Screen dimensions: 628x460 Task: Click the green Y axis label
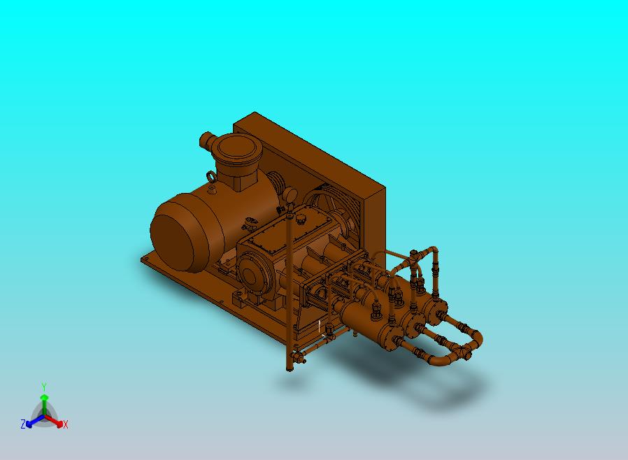point(44,387)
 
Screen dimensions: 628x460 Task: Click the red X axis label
point(66,424)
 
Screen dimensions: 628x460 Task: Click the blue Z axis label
point(23,424)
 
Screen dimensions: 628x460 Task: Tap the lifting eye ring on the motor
point(211,176)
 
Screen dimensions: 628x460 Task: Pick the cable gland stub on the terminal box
point(208,140)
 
